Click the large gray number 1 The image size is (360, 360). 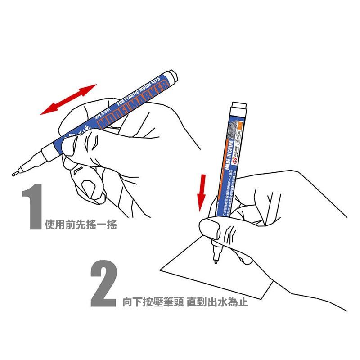[32, 207]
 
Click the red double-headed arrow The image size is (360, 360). [68, 99]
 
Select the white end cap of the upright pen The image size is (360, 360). [238, 108]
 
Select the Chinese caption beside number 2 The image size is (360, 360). [185, 302]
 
